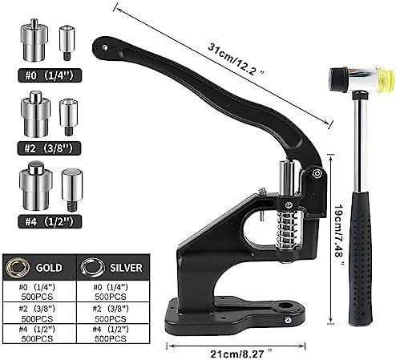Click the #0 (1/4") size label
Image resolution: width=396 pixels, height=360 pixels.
[50, 75]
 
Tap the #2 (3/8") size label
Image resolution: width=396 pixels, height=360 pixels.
[49, 148]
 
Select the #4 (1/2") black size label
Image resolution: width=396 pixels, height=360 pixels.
[50, 221]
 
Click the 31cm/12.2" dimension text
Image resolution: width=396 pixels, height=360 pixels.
[236, 59]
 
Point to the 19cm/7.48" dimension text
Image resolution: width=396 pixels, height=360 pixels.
[339, 235]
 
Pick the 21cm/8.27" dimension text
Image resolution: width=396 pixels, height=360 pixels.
[241, 354]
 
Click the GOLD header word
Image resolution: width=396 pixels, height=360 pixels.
[49, 268]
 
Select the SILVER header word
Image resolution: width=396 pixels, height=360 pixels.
[126, 268]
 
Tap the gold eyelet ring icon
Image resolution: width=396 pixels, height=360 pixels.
[18, 267]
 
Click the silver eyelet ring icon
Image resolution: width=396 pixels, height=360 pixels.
[93, 267]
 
